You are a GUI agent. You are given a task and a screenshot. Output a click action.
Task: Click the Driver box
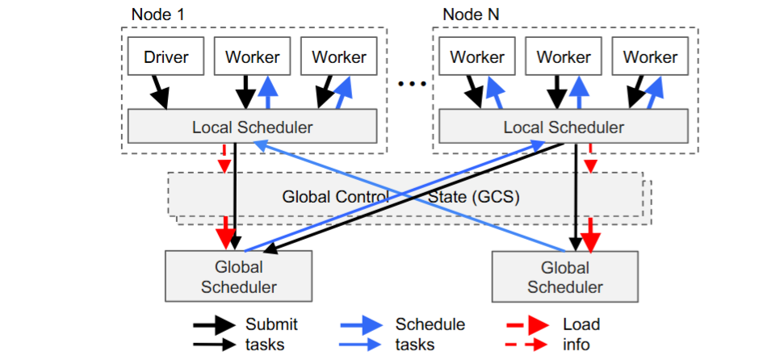pyautogui.click(x=166, y=57)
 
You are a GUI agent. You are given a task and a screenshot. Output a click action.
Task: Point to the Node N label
pyautogui.click(x=471, y=15)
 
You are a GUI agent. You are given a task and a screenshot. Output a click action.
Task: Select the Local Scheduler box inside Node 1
pyautogui.click(x=252, y=127)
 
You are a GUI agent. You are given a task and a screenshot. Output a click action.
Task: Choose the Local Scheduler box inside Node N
pyautogui.click(x=563, y=127)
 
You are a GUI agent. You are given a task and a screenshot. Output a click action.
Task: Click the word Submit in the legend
pyautogui.click(x=271, y=324)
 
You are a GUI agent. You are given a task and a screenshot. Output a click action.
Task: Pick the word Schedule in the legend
pyautogui.click(x=430, y=324)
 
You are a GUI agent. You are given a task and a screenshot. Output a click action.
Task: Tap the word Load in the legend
pyautogui.click(x=581, y=324)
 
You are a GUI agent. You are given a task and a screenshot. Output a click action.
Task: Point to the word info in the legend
pyautogui.click(x=577, y=345)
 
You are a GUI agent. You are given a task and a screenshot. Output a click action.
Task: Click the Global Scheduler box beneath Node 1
pyautogui.click(x=238, y=276)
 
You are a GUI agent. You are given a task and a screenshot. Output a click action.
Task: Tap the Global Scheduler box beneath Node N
pyautogui.click(x=564, y=276)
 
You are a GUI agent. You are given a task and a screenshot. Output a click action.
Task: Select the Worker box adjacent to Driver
pyautogui.click(x=252, y=57)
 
